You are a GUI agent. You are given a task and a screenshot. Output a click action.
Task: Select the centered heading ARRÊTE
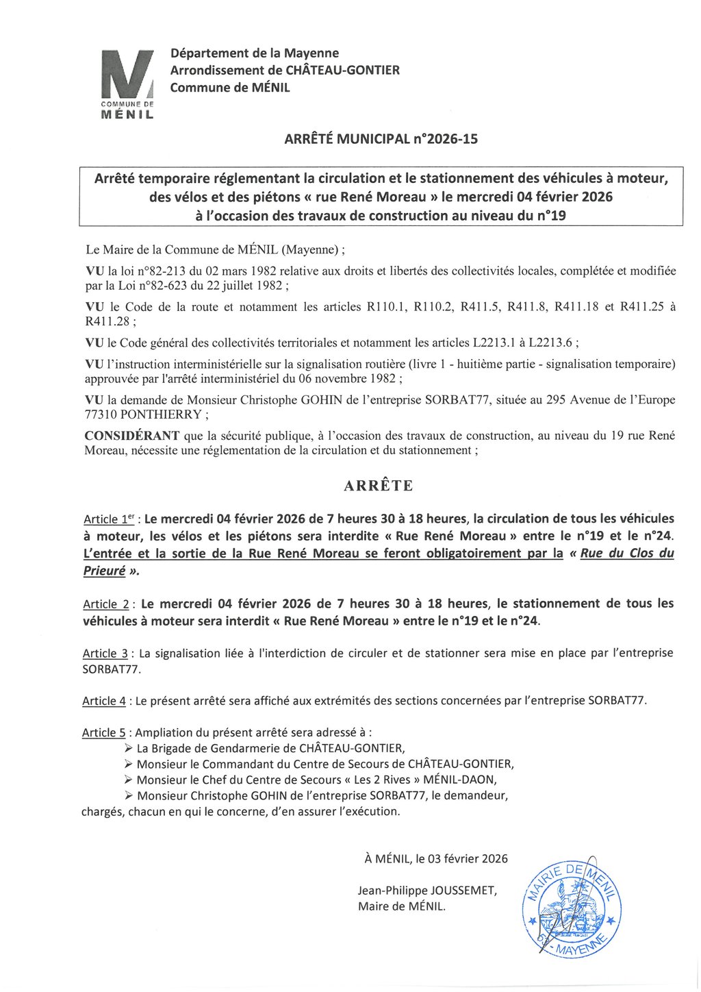[379, 486]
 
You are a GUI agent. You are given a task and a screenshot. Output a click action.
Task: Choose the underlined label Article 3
[105, 654]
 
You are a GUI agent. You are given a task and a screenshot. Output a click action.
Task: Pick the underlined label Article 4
[105, 701]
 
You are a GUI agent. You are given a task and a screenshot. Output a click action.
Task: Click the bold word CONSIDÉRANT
[132, 436]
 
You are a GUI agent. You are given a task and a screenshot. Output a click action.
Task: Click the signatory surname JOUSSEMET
[463, 891]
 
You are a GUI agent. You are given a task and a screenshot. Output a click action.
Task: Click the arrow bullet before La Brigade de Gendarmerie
[129, 748]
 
